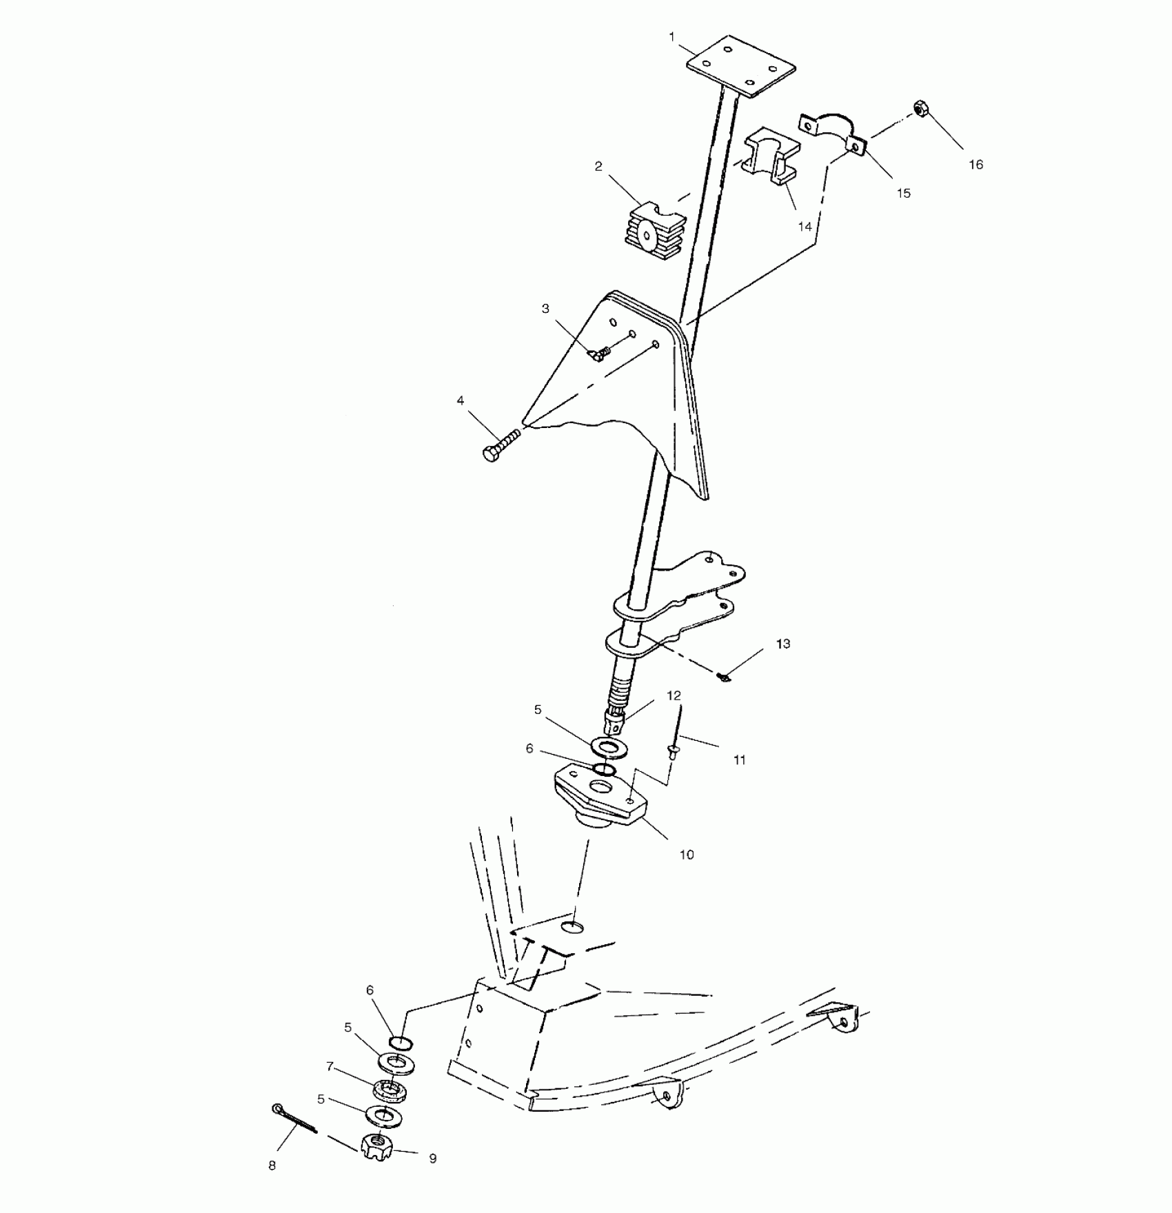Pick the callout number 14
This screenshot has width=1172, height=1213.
[x=805, y=226]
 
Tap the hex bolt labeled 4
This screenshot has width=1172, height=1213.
[x=501, y=445]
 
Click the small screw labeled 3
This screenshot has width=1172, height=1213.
[x=600, y=353]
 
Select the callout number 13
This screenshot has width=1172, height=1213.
[x=782, y=644]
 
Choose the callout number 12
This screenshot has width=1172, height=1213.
[x=674, y=696]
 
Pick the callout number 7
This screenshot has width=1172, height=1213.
[x=330, y=1066]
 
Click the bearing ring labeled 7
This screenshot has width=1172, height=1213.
[x=390, y=1090]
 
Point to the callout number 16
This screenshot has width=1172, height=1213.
[x=976, y=165]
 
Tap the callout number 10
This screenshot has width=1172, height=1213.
[x=687, y=855]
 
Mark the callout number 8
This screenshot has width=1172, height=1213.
[x=272, y=1165]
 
